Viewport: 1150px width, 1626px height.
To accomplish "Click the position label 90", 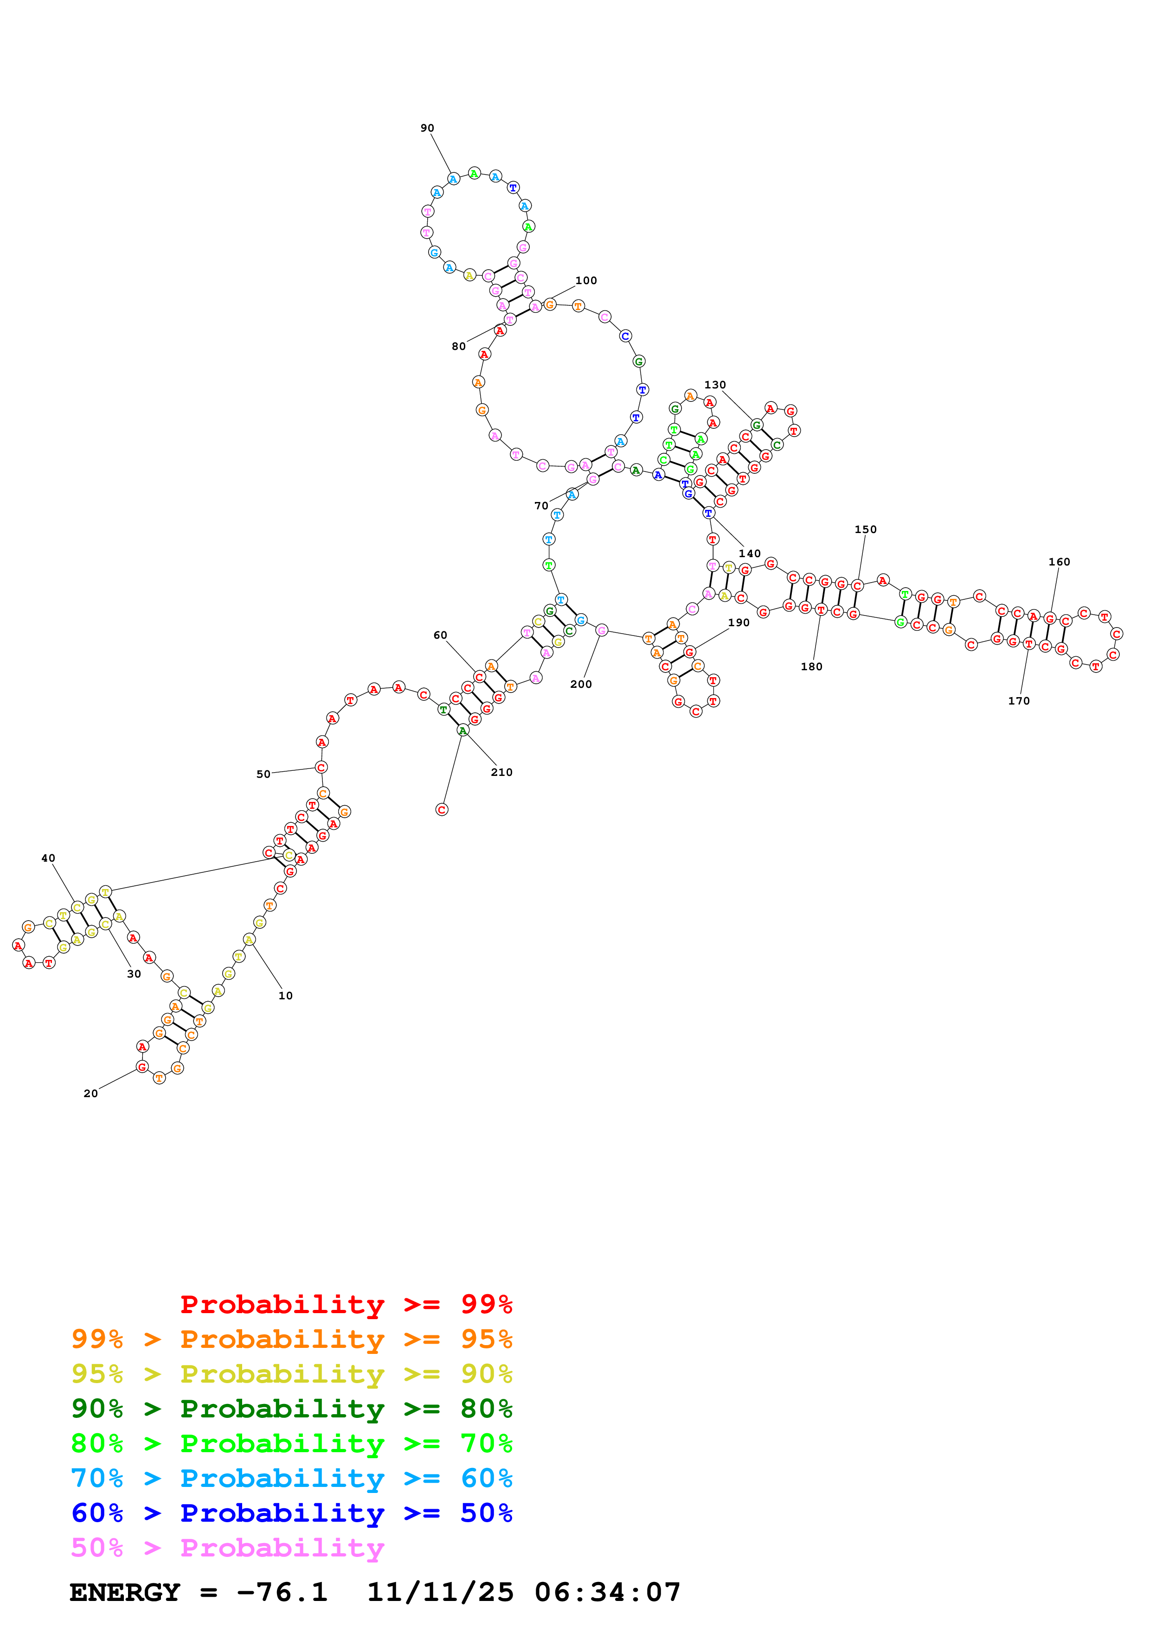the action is coord(427,128).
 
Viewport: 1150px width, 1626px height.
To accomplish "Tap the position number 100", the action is coord(586,280).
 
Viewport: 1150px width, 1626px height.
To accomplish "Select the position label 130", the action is coord(715,385).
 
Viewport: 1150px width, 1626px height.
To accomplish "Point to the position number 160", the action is coord(1059,562).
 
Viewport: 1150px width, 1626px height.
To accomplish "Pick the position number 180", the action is coord(811,667).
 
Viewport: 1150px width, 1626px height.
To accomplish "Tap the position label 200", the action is coord(581,684).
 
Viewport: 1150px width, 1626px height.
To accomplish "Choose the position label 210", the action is coord(501,772).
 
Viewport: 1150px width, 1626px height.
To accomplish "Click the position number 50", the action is coord(263,774).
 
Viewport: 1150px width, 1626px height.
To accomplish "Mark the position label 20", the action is coord(91,1093).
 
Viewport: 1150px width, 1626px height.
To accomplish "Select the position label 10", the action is coord(286,996).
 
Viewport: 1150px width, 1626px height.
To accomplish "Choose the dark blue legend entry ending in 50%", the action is coord(291,1513).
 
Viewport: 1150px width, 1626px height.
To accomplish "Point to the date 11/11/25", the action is coord(440,1593).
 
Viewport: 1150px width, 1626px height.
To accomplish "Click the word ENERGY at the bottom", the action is coord(125,1593).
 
